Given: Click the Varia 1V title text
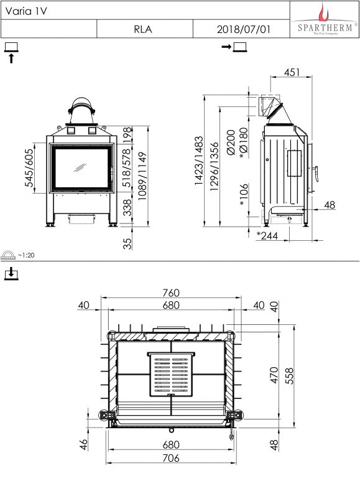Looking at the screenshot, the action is coord(26,11).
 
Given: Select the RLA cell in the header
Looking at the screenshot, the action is coord(143,29).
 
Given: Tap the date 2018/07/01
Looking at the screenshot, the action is coord(244,29).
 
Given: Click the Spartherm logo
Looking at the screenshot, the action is coord(325,19).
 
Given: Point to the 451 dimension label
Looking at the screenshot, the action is coord(292,72).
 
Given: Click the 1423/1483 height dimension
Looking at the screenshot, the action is coord(198,161).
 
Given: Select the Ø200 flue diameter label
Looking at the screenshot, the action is coord(231,143).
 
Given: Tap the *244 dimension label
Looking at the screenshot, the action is coord(267,235).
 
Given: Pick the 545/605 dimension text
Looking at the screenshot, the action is coord(29,167).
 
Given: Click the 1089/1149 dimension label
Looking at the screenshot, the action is coord(142,176).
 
